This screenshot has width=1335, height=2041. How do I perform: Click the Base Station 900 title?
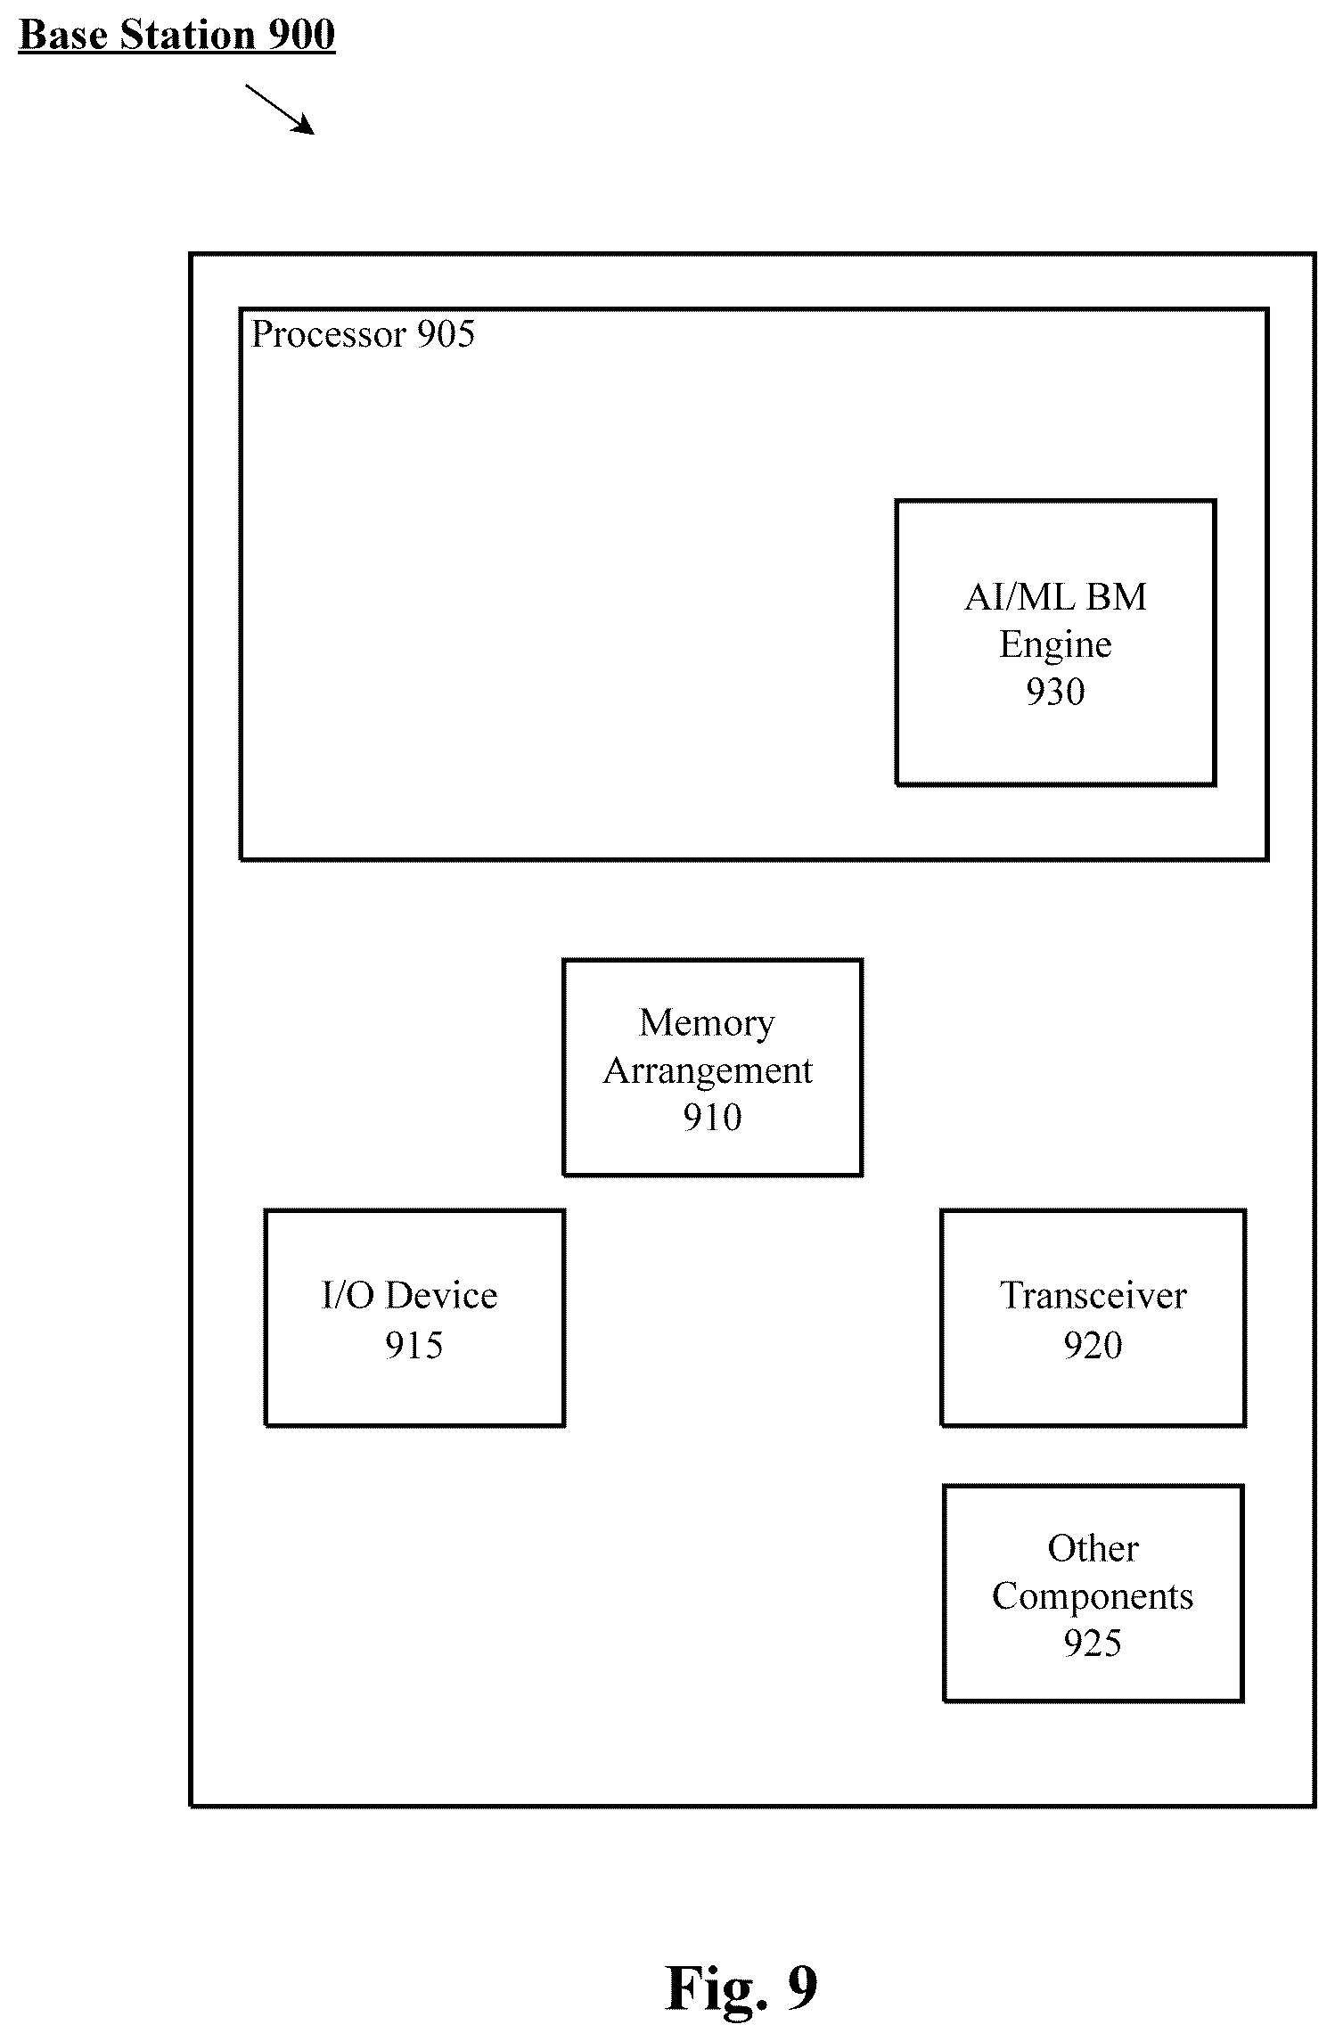click(176, 36)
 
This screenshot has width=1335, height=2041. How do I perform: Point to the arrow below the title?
click(280, 110)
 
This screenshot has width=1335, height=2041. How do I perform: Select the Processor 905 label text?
click(363, 334)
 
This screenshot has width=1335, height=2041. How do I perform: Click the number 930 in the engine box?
click(1055, 692)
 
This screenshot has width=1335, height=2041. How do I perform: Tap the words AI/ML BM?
click(1055, 596)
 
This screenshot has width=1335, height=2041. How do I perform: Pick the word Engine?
click(1055, 645)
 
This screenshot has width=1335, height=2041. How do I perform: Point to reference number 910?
click(712, 1118)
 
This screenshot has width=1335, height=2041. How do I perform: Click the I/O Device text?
click(409, 1296)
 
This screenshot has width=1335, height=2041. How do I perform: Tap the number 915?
click(414, 1345)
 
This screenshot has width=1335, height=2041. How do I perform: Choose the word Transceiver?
click(1093, 1296)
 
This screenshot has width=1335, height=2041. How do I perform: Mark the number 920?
click(1093, 1345)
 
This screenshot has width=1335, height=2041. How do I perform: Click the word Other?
click(1093, 1549)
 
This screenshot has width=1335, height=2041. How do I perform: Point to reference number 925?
click(1093, 1643)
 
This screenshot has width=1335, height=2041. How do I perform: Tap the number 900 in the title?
click(301, 36)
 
